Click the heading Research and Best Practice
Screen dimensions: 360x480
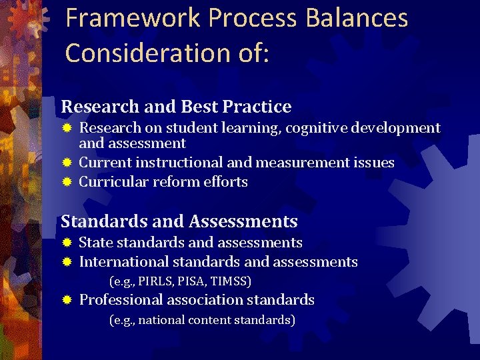pyautogui.click(x=176, y=107)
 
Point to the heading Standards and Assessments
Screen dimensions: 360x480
pyautogui.click(x=179, y=221)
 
